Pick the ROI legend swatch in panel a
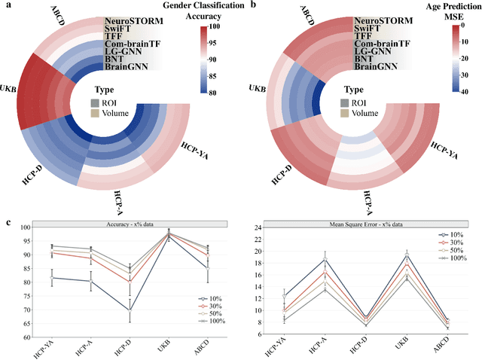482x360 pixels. [93, 103]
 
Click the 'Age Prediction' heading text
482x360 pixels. [429, 5]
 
